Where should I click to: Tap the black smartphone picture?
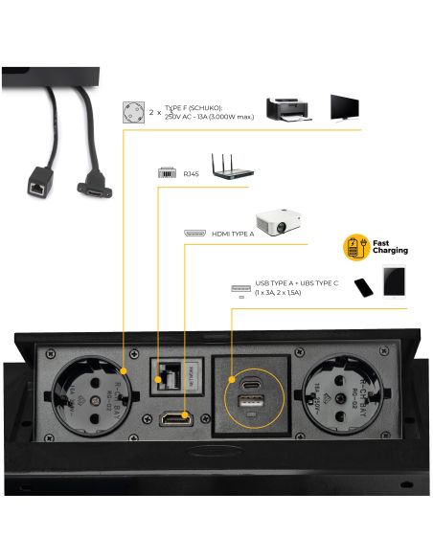(362, 287)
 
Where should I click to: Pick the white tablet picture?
(395, 282)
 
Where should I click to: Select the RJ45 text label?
(191, 173)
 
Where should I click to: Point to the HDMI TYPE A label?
(232, 234)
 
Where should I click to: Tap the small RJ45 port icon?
(165, 173)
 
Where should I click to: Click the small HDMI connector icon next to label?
(194, 234)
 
